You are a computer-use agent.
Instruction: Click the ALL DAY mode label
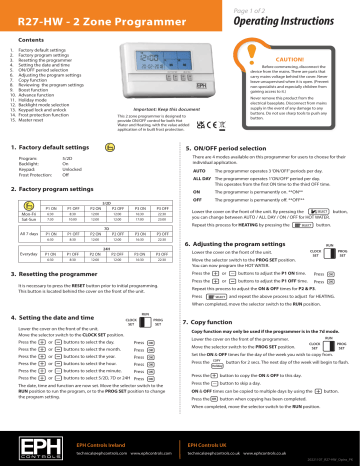[x=201, y=180]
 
